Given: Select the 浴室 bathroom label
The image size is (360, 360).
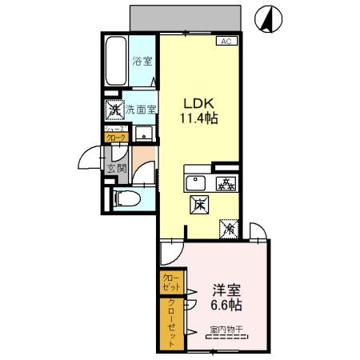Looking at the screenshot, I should coord(142,60).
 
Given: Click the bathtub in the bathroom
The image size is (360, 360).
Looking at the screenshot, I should coord(116,61).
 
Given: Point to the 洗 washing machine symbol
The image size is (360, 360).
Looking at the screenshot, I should coord(114,109).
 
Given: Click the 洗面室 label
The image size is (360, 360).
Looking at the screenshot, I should coord(140,109).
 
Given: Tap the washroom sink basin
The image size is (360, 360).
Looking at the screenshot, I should coord(144,133).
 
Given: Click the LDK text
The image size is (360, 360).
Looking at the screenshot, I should coord(198,103).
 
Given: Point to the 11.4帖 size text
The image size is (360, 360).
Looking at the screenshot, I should coord(199,118).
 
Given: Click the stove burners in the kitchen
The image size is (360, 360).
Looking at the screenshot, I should coord(226,183).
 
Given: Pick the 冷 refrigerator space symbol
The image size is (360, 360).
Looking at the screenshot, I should coord(228,229).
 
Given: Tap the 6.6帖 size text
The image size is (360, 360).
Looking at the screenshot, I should coord(227,306).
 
